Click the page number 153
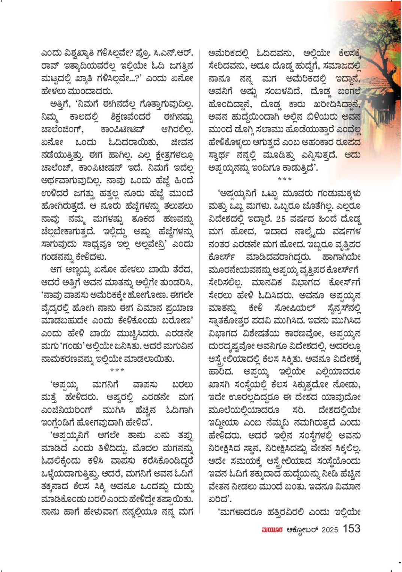[x=351, y=528]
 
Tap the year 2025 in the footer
[x=330, y=530]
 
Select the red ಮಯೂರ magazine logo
[x=272, y=530]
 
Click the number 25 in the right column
[x=281, y=218]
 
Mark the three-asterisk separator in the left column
[x=117, y=370]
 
